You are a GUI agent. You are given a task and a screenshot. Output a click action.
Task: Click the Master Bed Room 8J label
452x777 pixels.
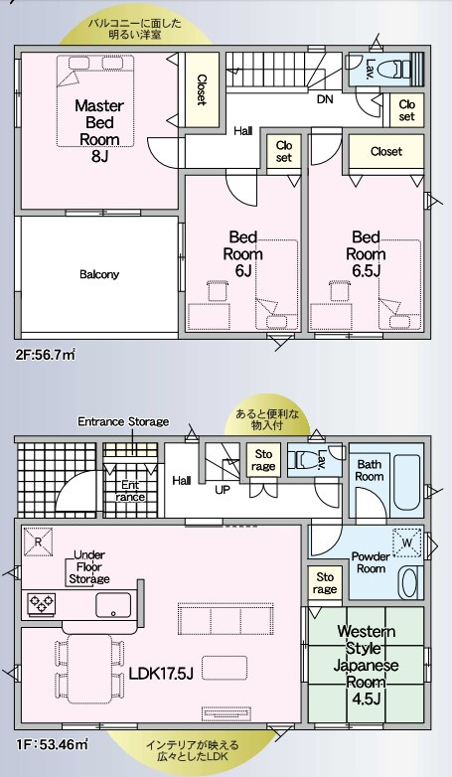(x=99, y=131)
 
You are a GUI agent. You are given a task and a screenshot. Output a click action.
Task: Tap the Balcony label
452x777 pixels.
(x=99, y=274)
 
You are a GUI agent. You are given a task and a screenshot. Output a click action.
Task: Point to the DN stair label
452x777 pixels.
(x=325, y=99)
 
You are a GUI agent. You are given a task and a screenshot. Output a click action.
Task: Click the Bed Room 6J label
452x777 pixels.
(x=242, y=253)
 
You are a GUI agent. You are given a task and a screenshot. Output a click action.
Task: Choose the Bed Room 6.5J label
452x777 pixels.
(x=366, y=253)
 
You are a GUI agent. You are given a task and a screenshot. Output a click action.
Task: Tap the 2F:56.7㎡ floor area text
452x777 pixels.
(x=45, y=355)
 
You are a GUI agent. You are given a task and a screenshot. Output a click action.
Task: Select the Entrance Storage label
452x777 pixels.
(x=123, y=421)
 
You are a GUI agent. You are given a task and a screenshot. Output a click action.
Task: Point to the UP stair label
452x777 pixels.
(x=223, y=491)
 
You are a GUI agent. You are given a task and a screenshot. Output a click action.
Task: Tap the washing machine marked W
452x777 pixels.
(x=407, y=544)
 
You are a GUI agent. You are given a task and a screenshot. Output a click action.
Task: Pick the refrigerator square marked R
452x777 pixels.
(x=38, y=542)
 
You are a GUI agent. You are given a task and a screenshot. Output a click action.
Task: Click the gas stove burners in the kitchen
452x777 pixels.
(x=42, y=603)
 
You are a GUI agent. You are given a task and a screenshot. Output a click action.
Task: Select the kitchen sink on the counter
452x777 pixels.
(x=113, y=604)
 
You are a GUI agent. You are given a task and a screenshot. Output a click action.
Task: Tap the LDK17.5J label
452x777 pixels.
(x=161, y=673)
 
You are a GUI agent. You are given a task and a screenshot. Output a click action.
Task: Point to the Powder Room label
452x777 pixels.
(x=371, y=562)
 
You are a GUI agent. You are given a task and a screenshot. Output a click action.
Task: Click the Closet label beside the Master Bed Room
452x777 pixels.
(x=202, y=89)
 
